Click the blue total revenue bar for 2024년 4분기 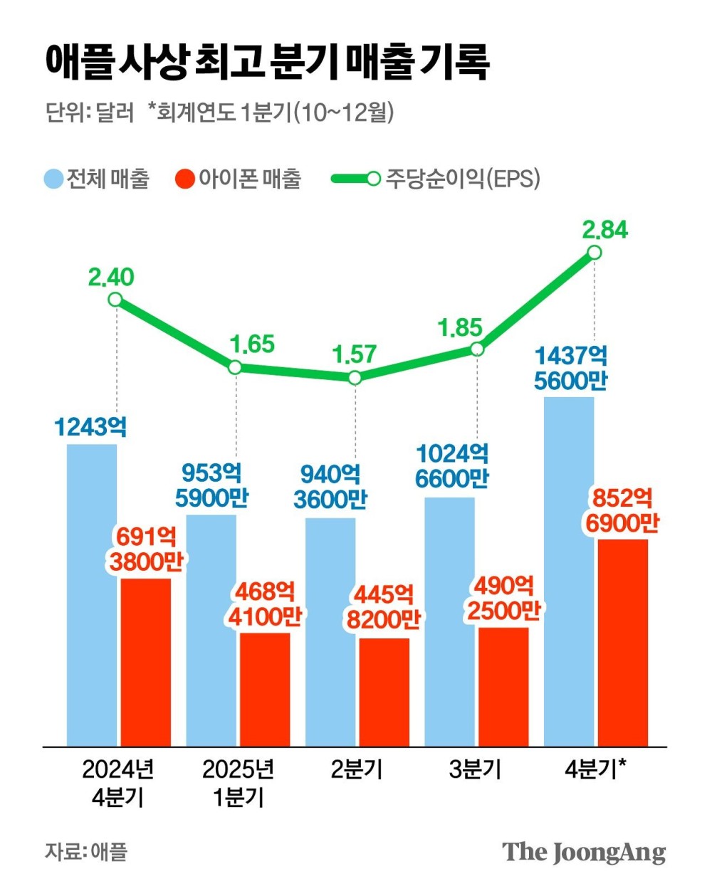pyautogui.click(x=92, y=594)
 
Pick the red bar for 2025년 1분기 pyautogui.click(x=265, y=688)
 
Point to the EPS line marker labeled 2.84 pyautogui.click(x=595, y=253)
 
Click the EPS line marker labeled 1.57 pyautogui.click(x=355, y=378)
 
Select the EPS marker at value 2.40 pyautogui.click(x=115, y=300)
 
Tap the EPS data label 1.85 pyautogui.click(x=459, y=328)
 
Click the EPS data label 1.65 pyautogui.click(x=252, y=344)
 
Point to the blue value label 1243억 pyautogui.click(x=91, y=427)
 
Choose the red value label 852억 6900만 pyautogui.click(x=622, y=510)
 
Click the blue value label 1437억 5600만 pyautogui.click(x=570, y=368)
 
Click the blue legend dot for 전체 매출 pyautogui.click(x=53, y=179)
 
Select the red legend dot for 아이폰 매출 pyautogui.click(x=185, y=179)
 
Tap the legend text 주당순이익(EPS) pyautogui.click(x=463, y=179)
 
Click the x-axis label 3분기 pyautogui.click(x=475, y=769)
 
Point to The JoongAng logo pyautogui.click(x=584, y=852)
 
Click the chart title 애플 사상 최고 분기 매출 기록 pyautogui.click(x=268, y=62)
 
